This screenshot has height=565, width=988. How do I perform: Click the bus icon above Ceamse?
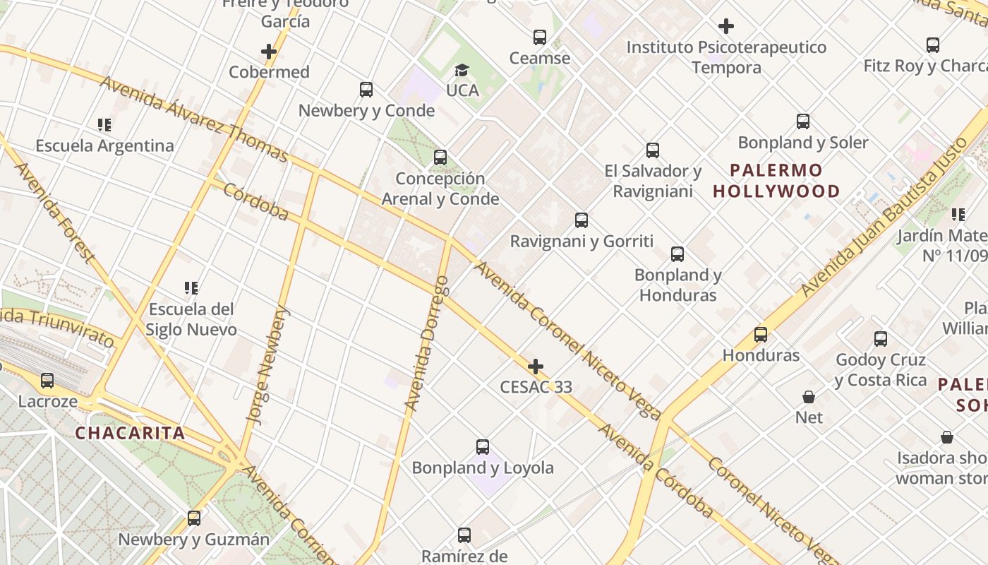pos(540,37)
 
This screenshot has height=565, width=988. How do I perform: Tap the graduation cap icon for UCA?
pos(462,70)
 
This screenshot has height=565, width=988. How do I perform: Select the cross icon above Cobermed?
pos(269,52)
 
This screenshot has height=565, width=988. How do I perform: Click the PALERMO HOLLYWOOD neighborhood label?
pos(776,181)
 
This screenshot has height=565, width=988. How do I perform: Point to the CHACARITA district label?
pos(130,434)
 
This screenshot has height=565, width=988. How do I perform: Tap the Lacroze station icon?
pos(47,381)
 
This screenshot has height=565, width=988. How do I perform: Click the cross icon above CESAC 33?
pos(536,367)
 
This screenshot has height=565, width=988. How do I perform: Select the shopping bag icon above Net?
pos(809,397)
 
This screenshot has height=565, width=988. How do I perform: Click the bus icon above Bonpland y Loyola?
pos(483,447)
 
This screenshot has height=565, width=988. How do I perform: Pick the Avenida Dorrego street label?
pos(427,343)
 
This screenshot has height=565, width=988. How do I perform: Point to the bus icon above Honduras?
pos(761,335)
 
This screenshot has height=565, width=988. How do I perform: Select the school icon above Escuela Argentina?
pos(104,126)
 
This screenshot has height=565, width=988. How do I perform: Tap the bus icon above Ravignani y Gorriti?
pos(582,220)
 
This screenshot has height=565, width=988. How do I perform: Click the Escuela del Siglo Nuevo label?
pos(191,319)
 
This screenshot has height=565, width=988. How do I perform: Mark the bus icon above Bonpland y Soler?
pos(803,121)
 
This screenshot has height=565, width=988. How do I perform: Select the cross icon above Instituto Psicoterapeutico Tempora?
pos(726,27)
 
